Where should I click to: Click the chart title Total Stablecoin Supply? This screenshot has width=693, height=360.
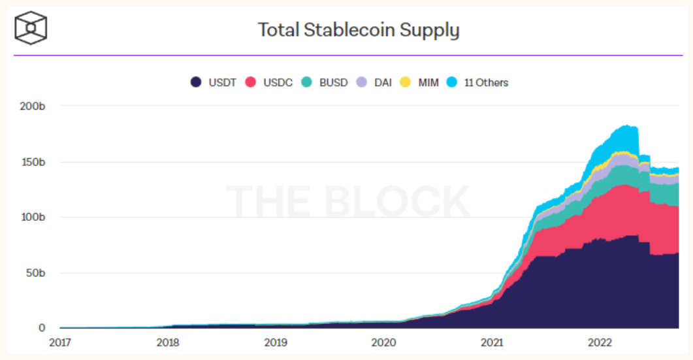click(359, 30)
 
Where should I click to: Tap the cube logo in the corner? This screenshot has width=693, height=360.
click(31, 28)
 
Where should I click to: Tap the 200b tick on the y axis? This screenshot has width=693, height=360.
click(33, 106)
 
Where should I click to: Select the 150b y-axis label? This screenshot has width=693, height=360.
click(33, 161)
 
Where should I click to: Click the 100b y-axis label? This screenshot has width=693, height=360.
click(33, 217)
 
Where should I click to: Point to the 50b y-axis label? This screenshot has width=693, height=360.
click(35, 272)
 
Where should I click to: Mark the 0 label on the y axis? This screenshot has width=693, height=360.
click(42, 328)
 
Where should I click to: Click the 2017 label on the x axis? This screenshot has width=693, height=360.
click(60, 342)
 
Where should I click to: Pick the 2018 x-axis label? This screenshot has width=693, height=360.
click(168, 342)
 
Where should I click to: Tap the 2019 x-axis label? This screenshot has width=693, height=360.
click(276, 342)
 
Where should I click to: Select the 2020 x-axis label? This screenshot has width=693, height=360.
click(383, 342)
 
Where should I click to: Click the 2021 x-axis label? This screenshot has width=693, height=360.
click(492, 342)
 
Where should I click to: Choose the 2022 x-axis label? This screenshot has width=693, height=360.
click(600, 342)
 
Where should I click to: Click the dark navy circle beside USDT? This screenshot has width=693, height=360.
click(195, 83)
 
